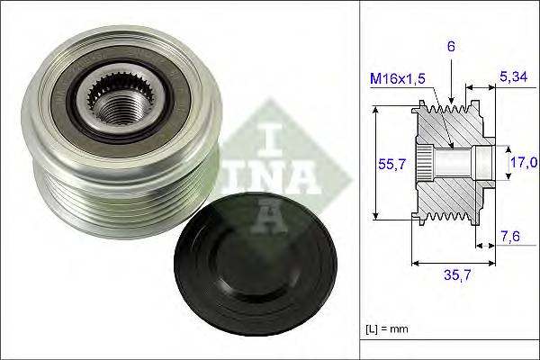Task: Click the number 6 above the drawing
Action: point(450,44)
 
